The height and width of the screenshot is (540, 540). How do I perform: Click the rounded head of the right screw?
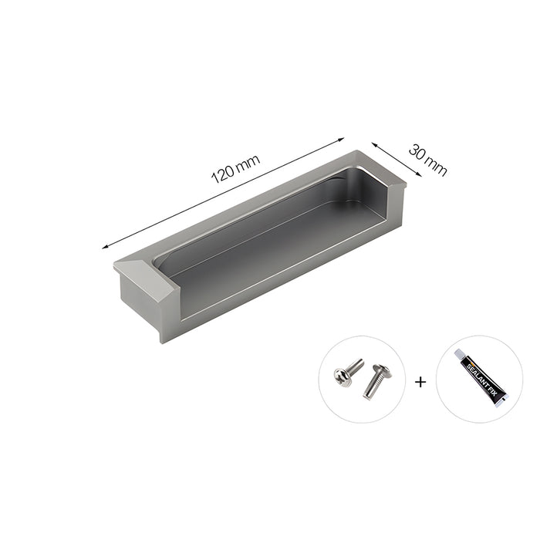tap(377, 370)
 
